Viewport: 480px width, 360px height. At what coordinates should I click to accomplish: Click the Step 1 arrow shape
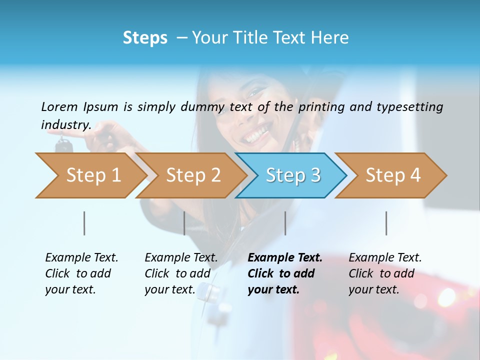coord(90,175)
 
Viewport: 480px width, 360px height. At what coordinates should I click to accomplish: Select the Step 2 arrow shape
coord(192,175)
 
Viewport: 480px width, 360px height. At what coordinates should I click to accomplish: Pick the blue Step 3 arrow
coord(292,175)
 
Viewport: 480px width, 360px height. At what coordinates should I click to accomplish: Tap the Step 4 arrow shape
coord(392,175)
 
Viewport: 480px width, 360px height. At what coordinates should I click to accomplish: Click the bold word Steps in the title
coord(145,38)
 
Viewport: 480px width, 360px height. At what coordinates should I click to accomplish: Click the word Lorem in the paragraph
coord(59,106)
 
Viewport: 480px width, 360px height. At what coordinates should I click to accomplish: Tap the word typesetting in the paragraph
coord(409,106)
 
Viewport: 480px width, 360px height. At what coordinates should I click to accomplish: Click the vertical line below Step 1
coord(84,223)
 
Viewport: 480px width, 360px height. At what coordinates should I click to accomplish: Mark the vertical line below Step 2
coord(184,223)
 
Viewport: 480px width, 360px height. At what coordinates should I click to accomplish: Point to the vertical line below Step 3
coord(285,223)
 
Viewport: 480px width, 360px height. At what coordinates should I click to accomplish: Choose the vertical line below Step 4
coord(386,223)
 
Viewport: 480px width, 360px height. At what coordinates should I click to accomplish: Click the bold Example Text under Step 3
coord(285,258)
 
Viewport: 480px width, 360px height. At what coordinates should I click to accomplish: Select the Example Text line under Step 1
coord(81,258)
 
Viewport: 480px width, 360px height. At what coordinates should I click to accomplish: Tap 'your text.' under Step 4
coord(373,289)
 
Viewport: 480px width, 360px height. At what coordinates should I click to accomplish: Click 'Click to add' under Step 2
coord(177,273)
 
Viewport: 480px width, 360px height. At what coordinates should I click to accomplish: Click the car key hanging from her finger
coord(63,145)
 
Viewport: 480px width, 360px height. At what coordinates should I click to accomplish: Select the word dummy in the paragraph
coord(204,106)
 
